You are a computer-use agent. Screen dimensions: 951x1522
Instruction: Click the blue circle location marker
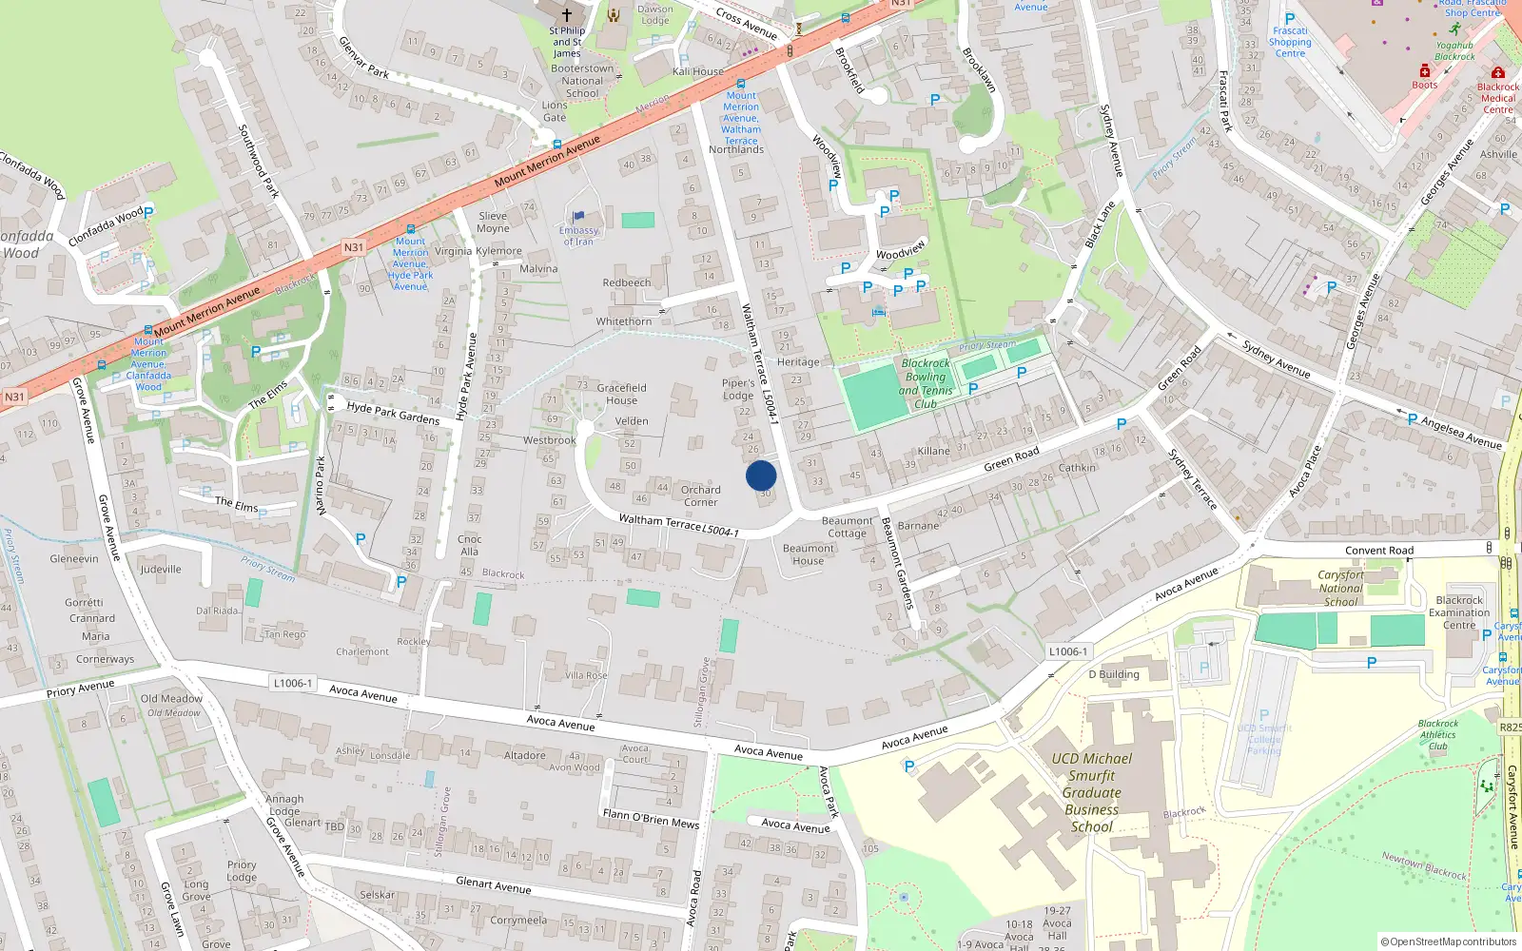click(761, 475)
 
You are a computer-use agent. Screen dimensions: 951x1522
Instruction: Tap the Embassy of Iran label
click(578, 235)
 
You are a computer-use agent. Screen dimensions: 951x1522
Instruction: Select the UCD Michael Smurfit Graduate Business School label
click(1092, 792)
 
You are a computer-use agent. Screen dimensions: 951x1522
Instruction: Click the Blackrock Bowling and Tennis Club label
click(926, 383)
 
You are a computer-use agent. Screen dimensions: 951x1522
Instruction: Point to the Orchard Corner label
click(700, 495)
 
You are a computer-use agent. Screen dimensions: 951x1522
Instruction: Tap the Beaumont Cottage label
click(847, 527)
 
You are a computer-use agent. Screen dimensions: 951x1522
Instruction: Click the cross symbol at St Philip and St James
click(567, 14)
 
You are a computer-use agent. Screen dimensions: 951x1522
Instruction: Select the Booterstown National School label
click(582, 81)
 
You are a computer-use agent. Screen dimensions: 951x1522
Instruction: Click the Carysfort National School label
click(1340, 588)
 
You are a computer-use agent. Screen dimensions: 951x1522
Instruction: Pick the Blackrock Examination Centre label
click(1459, 612)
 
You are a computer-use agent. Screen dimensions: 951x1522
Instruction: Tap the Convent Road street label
click(1379, 551)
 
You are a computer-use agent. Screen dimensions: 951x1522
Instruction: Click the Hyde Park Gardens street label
click(393, 413)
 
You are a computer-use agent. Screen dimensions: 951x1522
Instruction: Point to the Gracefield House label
click(621, 394)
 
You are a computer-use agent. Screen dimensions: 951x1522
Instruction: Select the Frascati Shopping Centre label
click(1290, 42)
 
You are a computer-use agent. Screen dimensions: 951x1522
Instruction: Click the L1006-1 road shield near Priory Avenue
click(292, 683)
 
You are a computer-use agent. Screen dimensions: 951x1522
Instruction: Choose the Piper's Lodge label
click(738, 389)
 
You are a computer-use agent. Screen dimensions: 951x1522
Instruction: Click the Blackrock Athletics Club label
click(1438, 734)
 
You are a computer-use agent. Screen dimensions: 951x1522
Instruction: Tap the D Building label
click(1114, 674)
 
